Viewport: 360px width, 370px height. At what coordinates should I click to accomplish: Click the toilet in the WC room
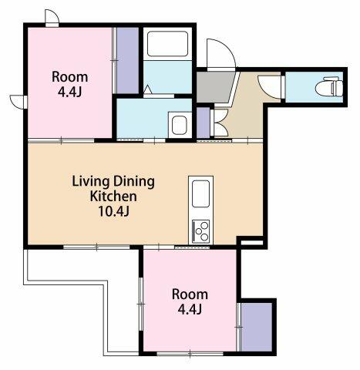(x=329, y=87)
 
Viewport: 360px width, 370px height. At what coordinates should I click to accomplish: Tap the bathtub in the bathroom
(x=167, y=44)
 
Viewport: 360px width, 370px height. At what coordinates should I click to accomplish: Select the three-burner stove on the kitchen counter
(x=201, y=230)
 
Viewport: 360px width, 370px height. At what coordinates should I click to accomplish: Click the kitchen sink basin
(x=200, y=193)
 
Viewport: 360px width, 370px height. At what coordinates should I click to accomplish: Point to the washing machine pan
(x=180, y=125)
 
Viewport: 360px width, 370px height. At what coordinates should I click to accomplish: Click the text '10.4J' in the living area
(x=113, y=211)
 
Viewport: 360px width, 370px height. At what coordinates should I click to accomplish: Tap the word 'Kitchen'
(x=113, y=197)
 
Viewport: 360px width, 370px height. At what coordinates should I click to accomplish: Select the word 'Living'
(x=90, y=182)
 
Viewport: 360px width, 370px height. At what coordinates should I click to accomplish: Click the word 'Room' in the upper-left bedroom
(x=69, y=77)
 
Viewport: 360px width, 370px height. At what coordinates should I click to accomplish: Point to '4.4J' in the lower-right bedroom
(x=190, y=309)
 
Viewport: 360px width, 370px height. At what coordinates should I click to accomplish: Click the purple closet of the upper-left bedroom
(x=128, y=60)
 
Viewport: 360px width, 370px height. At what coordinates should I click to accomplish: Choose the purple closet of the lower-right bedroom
(x=257, y=327)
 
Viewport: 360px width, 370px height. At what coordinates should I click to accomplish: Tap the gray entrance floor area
(x=215, y=87)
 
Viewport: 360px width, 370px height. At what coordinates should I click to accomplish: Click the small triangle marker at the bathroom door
(x=147, y=89)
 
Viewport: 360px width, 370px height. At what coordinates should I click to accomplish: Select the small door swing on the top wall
(x=52, y=16)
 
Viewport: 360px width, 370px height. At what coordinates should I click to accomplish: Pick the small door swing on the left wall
(x=17, y=102)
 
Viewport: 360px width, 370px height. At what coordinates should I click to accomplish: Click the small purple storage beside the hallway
(x=204, y=123)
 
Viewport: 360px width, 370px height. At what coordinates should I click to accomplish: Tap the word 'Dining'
(x=134, y=182)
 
